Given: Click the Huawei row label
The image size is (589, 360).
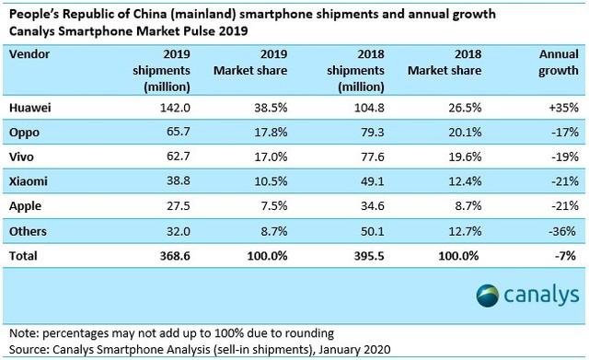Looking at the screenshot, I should pos(30,108).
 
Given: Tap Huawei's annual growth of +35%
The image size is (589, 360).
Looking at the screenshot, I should pos(560,108).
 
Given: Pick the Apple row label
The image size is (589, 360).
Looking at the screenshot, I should pos(27,203).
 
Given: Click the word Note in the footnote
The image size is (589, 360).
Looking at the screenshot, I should pos(21,332).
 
